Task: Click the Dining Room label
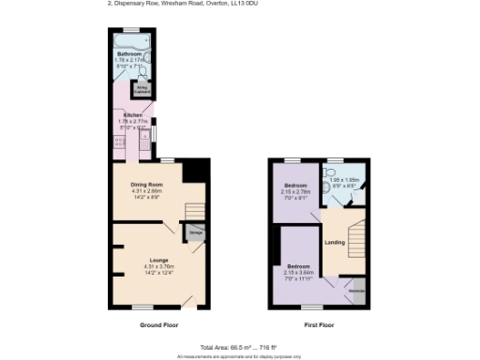(146, 185)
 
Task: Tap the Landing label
(334, 243)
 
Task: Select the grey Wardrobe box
(355, 292)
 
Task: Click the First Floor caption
(319, 324)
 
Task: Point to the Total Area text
(239, 347)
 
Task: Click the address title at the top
(241, 5)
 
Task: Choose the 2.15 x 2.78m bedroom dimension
(296, 191)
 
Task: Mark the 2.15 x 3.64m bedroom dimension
(300, 273)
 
